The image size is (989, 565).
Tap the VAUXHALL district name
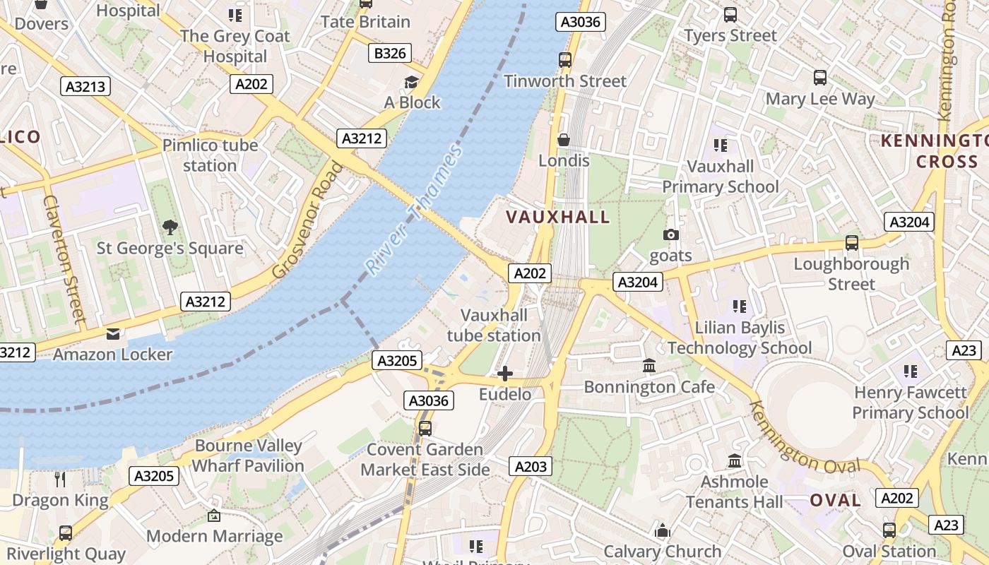[x=558, y=217]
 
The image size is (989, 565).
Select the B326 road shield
[x=390, y=53]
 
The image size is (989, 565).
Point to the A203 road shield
[x=530, y=466]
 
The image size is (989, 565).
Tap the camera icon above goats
[x=671, y=234]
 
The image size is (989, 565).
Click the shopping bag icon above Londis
[x=564, y=140]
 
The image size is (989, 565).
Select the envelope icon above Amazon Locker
[x=113, y=333]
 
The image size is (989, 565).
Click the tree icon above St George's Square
[x=170, y=227]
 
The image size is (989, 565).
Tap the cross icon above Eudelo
[x=505, y=374]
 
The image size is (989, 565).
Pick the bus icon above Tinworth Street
[x=564, y=59]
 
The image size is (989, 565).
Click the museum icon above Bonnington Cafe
[x=649, y=366]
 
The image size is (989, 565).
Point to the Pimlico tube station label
[x=210, y=155]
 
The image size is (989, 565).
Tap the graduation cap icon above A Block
[x=412, y=82]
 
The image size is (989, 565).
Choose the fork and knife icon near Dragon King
[x=60, y=480]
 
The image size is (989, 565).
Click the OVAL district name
[x=835, y=501]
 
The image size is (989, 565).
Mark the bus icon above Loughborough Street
[x=852, y=243]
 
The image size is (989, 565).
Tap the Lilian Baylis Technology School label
[x=740, y=338]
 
